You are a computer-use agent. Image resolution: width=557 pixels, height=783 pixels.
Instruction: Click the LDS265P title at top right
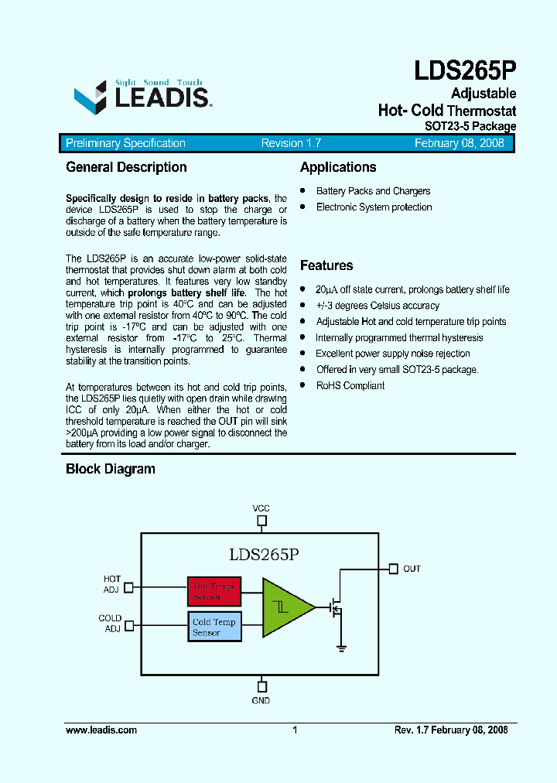pyautogui.click(x=464, y=71)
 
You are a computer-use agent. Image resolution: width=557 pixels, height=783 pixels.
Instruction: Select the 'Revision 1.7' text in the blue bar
pyautogui.click(x=291, y=143)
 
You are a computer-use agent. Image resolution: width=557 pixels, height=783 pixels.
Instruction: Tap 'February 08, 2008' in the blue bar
pyautogui.click(x=459, y=143)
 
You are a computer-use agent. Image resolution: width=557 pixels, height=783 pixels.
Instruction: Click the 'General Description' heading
pyautogui.click(x=126, y=167)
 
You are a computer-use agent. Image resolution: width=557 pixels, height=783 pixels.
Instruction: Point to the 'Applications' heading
pyautogui.click(x=338, y=167)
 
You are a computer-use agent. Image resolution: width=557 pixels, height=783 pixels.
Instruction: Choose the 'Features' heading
pyautogui.click(x=326, y=265)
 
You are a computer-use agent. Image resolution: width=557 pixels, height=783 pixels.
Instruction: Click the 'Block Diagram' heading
pyautogui.click(x=110, y=469)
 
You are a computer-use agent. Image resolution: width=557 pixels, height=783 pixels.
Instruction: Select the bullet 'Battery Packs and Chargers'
pyautogui.click(x=373, y=191)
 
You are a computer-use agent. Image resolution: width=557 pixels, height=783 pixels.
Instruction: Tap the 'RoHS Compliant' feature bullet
pyautogui.click(x=350, y=385)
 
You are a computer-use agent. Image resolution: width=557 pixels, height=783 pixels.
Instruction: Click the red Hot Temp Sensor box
pyautogui.click(x=214, y=592)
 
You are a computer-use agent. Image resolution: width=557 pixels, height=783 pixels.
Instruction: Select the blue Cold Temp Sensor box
pyautogui.click(x=214, y=627)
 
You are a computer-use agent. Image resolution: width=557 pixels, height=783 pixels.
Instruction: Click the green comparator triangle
pyautogui.click(x=285, y=607)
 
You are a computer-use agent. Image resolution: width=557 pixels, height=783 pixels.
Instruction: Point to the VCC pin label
pyautogui.click(x=261, y=508)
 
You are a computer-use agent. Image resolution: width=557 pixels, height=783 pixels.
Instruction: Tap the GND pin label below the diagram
pyautogui.click(x=261, y=700)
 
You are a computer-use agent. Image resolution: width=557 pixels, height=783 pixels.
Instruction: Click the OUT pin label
pyautogui.click(x=412, y=569)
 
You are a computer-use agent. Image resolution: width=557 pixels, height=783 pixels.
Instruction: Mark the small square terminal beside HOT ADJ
pyautogui.click(x=128, y=587)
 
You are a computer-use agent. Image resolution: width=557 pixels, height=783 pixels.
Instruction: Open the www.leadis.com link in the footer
pyautogui.click(x=101, y=730)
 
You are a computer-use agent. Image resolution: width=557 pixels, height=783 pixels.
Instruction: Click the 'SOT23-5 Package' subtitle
pyautogui.click(x=470, y=126)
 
